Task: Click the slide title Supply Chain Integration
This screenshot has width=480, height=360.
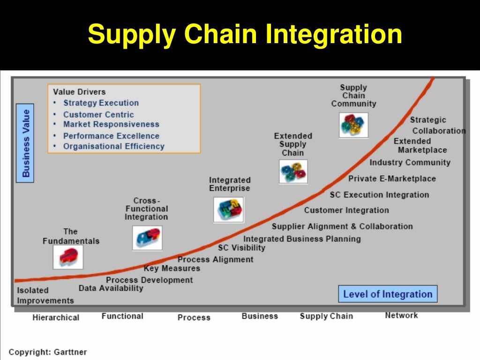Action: pyautogui.click(x=245, y=35)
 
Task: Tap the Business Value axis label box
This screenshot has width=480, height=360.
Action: pyautogui.click(x=25, y=143)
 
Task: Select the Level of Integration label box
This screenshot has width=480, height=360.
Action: pyautogui.click(x=388, y=294)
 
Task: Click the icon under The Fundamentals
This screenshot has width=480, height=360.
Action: pyautogui.click(x=68, y=257)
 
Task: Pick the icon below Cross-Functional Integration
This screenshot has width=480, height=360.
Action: pyautogui.click(x=147, y=238)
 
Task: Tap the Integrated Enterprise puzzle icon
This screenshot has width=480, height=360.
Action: pyautogui.click(x=228, y=210)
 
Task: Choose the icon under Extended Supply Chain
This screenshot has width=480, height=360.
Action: pyautogui.click(x=293, y=172)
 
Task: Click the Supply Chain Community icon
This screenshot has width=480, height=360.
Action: pyautogui.click(x=353, y=125)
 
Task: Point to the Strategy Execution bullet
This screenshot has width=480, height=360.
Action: pyautogui.click(x=101, y=103)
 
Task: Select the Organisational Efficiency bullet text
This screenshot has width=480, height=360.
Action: pyautogui.click(x=114, y=146)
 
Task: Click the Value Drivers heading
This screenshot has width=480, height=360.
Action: pyautogui.click(x=79, y=92)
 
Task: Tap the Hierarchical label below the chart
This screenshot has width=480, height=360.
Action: pyautogui.click(x=56, y=318)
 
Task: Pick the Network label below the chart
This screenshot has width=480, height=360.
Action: pyautogui.click(x=401, y=315)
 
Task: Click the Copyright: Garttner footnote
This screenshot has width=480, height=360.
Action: pyautogui.click(x=48, y=352)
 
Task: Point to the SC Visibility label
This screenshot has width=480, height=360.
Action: pyautogui.click(x=241, y=248)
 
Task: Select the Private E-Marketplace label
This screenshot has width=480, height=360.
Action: pyautogui.click(x=392, y=179)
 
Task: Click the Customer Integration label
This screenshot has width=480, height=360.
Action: pyautogui.click(x=346, y=210)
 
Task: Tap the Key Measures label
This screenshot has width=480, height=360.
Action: pyautogui.click(x=172, y=269)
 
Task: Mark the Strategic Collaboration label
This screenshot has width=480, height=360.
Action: pyautogui.click(x=436, y=126)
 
